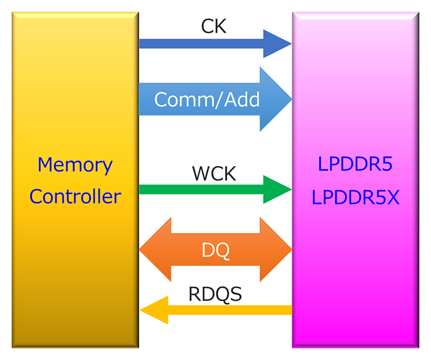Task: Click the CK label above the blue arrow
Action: [x=213, y=26]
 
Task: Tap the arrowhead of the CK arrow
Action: [x=277, y=44]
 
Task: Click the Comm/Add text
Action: [x=207, y=100]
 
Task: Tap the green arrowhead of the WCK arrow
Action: [x=277, y=189]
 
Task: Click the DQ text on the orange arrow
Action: [x=216, y=250]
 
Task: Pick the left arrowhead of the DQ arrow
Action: [x=155, y=250]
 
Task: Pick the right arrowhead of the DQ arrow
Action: [x=276, y=250]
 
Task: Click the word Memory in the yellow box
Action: [x=75, y=165]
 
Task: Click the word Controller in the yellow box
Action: [x=75, y=196]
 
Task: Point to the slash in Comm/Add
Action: [x=218, y=100]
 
